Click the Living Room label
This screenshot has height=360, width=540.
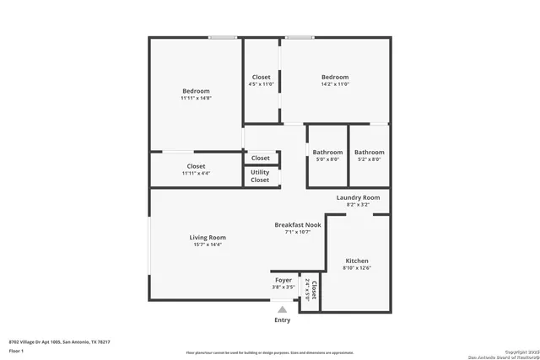point(208,238)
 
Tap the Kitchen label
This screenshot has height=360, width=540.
point(356,261)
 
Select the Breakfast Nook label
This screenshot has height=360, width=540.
point(297,225)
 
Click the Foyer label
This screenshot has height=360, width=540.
point(283,280)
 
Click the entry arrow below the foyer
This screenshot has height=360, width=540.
point(283,309)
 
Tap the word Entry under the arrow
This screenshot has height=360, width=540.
point(283,320)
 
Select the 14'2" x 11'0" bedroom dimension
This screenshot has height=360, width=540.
point(335,84)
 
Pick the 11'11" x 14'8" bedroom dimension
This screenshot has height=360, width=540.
point(196,99)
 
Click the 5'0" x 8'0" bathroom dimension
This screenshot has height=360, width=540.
point(327,159)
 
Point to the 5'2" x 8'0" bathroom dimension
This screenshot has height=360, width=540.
point(369,159)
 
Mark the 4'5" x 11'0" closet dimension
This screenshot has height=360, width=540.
point(262,84)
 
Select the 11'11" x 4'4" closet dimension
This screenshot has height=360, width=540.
point(196,174)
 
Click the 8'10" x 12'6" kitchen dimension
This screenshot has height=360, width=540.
point(356,268)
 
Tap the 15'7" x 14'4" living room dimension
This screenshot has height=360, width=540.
point(208,244)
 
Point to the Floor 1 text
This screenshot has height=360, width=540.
point(16,348)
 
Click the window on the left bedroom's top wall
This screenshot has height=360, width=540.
point(223,37)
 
